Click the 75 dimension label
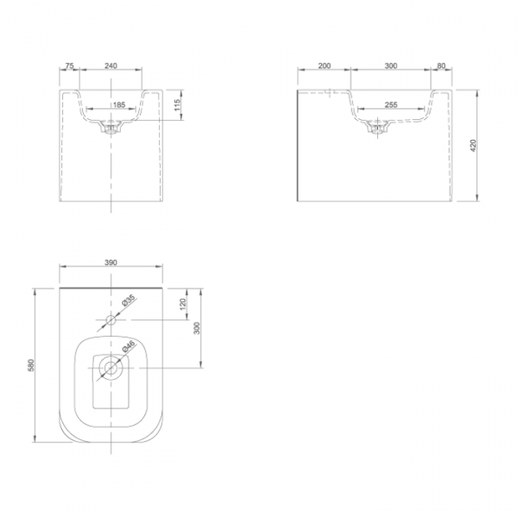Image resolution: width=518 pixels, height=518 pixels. [69, 66]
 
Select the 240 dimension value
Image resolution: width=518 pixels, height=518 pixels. [111, 66]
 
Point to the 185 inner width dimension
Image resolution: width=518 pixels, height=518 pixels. [119, 104]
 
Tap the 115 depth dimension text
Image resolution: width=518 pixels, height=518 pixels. [177, 104]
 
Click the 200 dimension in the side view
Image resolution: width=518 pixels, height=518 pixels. [325, 66]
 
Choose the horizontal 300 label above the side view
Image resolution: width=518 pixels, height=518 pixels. [391, 66]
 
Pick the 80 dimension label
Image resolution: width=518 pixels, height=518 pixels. [441, 66]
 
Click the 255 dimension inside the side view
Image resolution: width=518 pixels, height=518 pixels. [391, 104]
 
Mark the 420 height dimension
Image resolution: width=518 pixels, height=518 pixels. [473, 146]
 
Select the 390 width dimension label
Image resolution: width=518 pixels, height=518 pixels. [111, 262]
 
